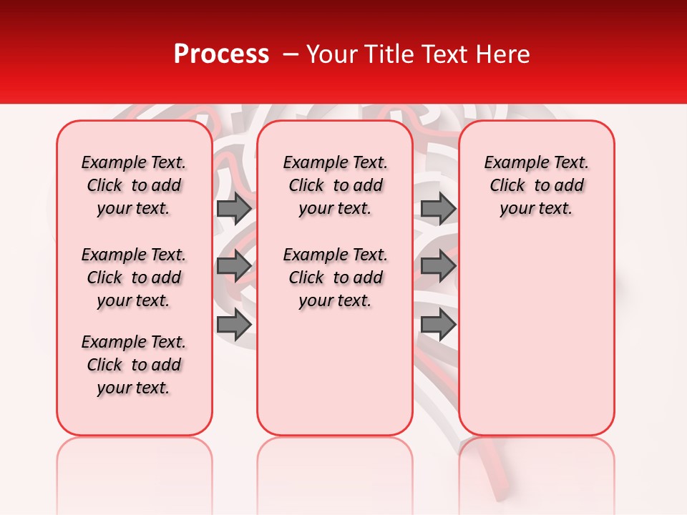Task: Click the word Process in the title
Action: click(x=221, y=54)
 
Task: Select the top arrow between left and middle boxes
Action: click(x=234, y=208)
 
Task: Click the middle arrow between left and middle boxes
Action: click(x=234, y=267)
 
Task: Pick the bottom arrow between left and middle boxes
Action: click(x=234, y=325)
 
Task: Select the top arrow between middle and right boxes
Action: click(x=438, y=208)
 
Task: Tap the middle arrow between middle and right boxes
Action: click(x=438, y=267)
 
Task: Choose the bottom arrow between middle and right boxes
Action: click(x=438, y=325)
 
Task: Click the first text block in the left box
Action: click(x=134, y=185)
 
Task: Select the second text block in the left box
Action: click(x=134, y=278)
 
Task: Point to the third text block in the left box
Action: click(x=134, y=365)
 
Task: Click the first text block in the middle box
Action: click(x=336, y=185)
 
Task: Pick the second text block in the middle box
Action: click(x=336, y=278)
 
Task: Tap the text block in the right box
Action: click(x=537, y=185)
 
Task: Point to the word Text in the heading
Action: click(x=444, y=54)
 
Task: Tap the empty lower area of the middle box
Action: click(x=336, y=372)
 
